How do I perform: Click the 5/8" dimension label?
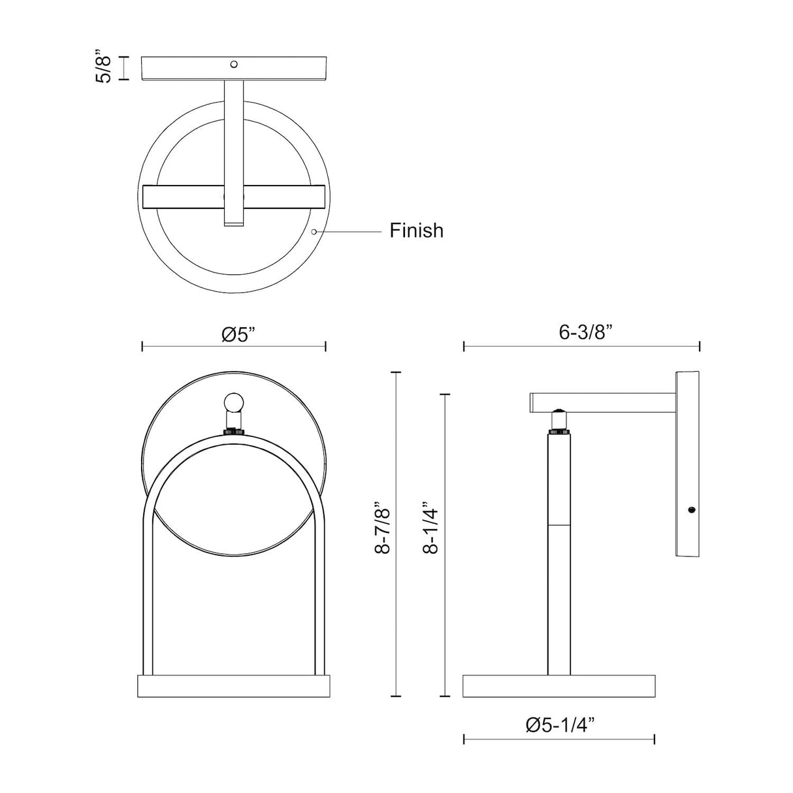tap(103, 67)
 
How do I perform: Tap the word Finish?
tap(417, 231)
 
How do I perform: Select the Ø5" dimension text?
tap(242, 334)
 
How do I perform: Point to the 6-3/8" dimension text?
tap(586, 332)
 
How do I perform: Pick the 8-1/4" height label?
tap(431, 526)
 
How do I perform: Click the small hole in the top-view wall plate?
tap(234, 64)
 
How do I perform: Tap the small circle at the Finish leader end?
tap(314, 232)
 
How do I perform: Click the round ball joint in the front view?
tap(234, 403)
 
